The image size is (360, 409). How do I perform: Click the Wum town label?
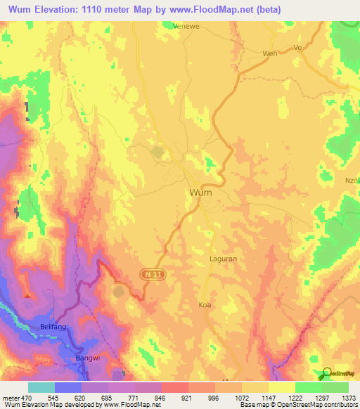pyautogui.click(x=200, y=192)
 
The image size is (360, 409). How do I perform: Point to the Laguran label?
pyautogui.click(x=224, y=259)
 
